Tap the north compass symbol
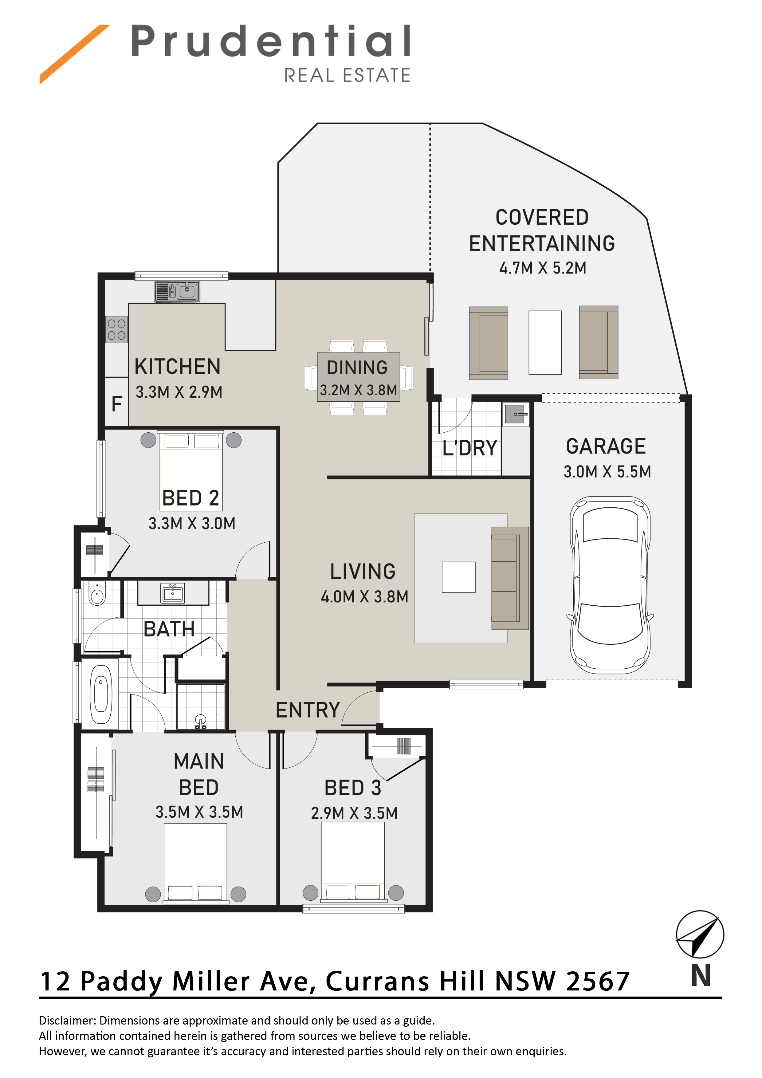pyautogui.click(x=700, y=934)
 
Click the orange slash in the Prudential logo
pyautogui.click(x=75, y=54)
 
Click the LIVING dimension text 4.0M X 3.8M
pyautogui.click(x=364, y=597)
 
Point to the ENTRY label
pyautogui.click(x=308, y=710)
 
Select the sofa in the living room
pyautogui.click(x=510, y=578)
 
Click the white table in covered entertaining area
pyautogui.click(x=545, y=342)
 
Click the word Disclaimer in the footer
pyautogui.click(x=67, y=1020)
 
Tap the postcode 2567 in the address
pyautogui.click(x=598, y=981)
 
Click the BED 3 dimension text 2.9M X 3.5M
pyautogui.click(x=354, y=813)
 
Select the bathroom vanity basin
pyautogui.click(x=173, y=593)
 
